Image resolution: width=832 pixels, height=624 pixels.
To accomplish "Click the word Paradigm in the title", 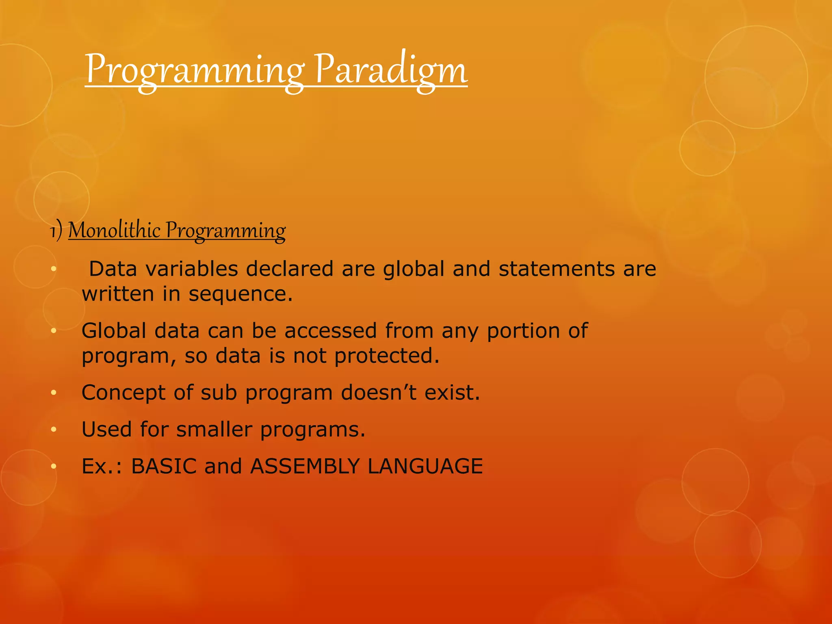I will click(391, 70).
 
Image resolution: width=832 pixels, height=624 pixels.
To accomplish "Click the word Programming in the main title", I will click(194, 70).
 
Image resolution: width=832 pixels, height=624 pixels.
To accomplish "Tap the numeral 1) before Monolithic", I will click(56, 231).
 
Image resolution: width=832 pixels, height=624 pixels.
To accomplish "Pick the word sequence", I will click(240, 294).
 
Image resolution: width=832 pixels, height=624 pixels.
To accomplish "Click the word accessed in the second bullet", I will click(330, 331).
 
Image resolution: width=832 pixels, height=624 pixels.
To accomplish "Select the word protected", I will click(387, 356).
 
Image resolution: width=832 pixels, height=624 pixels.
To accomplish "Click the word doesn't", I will click(379, 393).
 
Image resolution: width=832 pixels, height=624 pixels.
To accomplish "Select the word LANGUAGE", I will click(425, 466).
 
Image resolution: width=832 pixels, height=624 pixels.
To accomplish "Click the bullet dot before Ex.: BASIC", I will click(53, 467).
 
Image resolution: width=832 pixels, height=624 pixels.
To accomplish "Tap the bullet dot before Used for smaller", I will click(53, 430).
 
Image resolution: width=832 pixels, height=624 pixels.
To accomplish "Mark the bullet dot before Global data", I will click(53, 331).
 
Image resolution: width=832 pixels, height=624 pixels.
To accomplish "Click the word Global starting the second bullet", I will click(114, 331).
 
